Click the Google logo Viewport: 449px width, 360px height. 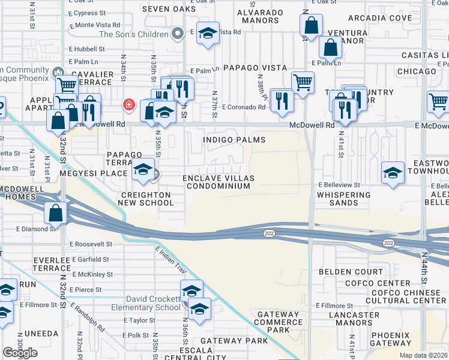(20, 353)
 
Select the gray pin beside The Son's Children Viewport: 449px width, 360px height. (178, 34)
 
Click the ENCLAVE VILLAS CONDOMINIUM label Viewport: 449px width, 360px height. (218, 182)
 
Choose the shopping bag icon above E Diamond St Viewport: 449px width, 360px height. (55, 212)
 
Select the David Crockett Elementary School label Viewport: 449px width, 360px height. (152, 303)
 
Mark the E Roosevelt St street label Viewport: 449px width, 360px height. (91, 245)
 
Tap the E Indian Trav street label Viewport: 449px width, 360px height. (171, 262)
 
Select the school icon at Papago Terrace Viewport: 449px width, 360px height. (143, 170)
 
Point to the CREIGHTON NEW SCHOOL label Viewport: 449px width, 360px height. (147, 199)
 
